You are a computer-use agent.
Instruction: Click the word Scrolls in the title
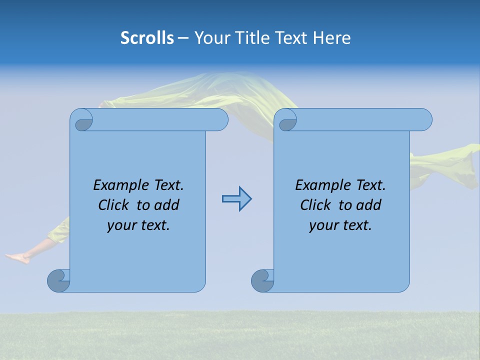(x=147, y=38)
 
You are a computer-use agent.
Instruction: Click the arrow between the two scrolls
(x=236, y=199)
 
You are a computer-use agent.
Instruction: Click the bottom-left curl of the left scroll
(x=58, y=280)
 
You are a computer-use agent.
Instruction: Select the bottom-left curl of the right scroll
(x=262, y=280)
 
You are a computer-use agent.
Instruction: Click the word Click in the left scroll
(x=114, y=205)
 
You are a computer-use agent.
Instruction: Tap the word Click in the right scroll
(x=316, y=205)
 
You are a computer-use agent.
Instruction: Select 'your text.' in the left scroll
(x=138, y=225)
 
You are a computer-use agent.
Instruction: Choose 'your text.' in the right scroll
(x=340, y=225)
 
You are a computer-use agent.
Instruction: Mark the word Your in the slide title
(x=210, y=38)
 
